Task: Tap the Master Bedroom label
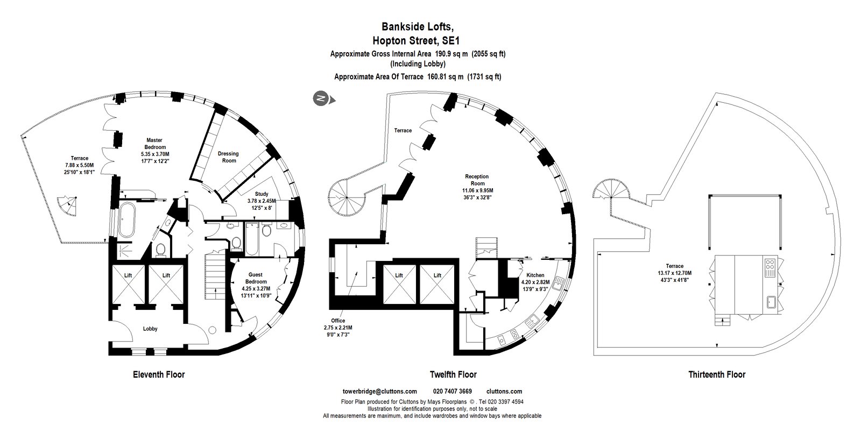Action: click(154, 144)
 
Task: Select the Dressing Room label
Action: click(228, 157)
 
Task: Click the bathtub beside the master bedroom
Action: click(126, 220)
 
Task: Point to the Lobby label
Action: click(150, 329)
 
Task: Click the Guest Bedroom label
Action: click(256, 278)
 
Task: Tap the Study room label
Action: click(262, 194)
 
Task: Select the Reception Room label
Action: click(477, 180)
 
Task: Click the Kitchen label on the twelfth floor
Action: click(535, 275)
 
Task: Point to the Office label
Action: click(338, 321)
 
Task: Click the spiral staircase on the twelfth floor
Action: click(347, 197)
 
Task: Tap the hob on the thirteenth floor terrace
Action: click(770, 267)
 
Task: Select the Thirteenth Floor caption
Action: click(717, 374)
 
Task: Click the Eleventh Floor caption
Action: click(159, 374)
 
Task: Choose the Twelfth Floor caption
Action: click(453, 374)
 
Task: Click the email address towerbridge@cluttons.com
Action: click(380, 391)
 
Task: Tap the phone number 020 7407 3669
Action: click(453, 391)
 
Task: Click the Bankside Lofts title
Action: click(418, 26)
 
